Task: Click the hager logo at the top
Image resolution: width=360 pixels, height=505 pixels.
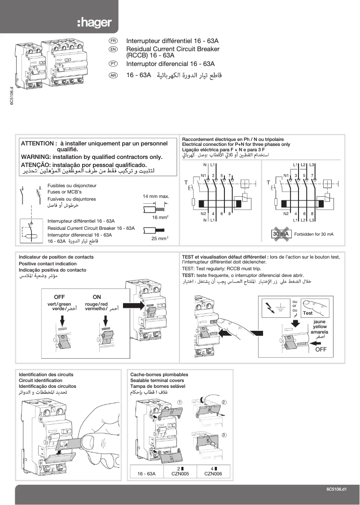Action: click(94, 23)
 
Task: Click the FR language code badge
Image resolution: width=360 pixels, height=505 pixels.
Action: click(113, 40)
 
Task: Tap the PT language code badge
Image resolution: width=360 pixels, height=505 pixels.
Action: click(113, 64)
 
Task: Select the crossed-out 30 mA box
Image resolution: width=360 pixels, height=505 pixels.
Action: click(281, 234)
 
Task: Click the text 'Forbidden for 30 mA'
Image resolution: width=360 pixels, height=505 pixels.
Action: click(314, 234)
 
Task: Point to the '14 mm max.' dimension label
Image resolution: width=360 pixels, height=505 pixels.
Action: click(156, 197)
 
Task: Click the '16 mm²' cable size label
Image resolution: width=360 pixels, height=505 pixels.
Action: click(160, 217)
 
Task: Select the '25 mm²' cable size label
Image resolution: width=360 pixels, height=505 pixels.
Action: click(159, 238)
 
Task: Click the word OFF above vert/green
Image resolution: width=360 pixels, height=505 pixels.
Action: click(59, 297)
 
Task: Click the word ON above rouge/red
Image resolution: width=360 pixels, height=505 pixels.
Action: click(97, 297)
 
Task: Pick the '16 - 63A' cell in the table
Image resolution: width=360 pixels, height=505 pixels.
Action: click(147, 473)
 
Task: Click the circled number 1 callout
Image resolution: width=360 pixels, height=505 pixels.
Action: click(180, 402)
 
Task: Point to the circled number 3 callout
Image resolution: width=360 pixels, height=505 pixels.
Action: click(224, 435)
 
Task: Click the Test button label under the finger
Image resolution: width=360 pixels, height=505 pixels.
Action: click(307, 313)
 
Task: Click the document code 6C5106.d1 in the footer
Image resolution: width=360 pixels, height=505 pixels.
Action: click(337, 489)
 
